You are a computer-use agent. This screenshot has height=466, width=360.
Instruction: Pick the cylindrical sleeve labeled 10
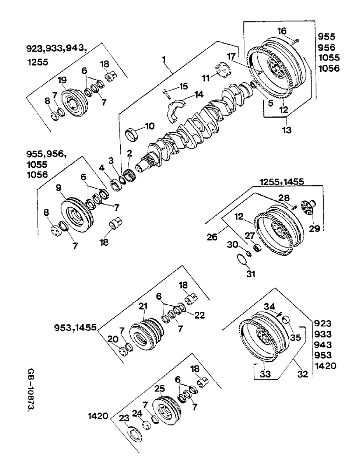(134, 135)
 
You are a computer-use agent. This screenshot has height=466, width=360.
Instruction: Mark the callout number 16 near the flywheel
(281, 31)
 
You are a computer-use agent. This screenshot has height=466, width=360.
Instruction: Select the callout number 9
(59, 189)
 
